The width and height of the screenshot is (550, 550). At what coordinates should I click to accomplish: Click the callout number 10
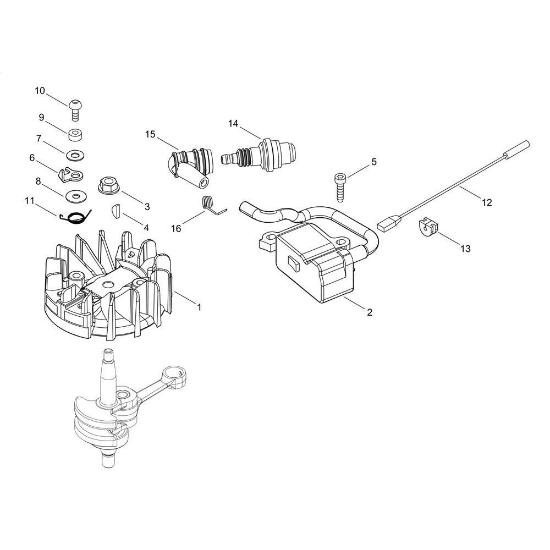[x=40, y=91]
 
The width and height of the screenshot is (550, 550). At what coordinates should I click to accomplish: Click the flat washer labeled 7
[x=75, y=155]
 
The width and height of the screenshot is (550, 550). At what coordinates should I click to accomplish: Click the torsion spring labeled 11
[x=76, y=217]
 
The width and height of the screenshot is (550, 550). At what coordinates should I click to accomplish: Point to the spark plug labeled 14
[x=259, y=155]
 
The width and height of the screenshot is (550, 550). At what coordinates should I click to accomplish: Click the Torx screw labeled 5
[x=339, y=188]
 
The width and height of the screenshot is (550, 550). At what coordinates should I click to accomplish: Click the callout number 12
[x=487, y=202]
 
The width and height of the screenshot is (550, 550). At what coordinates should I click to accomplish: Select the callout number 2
[x=370, y=312]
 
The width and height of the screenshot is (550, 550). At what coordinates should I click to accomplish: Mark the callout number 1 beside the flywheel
[x=199, y=307]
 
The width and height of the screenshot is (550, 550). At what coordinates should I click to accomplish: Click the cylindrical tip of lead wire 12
[x=516, y=149]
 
